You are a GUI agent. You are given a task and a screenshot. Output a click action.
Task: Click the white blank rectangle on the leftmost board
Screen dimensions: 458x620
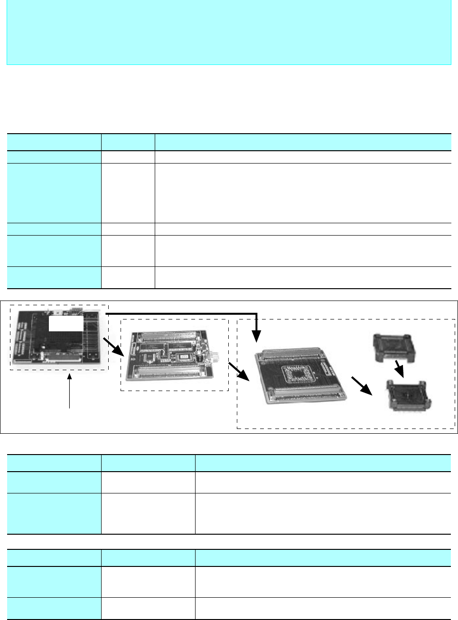click(66, 324)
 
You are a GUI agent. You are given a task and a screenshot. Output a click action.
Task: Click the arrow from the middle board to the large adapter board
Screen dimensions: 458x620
click(240, 372)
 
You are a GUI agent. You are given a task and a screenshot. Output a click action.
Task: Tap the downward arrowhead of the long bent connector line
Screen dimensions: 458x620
click(256, 337)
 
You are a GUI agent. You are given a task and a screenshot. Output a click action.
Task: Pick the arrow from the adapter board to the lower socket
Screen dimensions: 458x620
click(362, 385)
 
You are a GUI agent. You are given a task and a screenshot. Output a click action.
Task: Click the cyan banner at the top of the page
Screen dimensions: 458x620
click(228, 32)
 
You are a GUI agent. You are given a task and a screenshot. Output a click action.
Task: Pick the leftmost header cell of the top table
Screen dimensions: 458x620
click(54, 142)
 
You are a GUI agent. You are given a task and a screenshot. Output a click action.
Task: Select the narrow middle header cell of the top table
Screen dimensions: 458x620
click(128, 142)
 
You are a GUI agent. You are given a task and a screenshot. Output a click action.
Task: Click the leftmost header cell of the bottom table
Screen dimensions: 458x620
click(54, 558)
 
